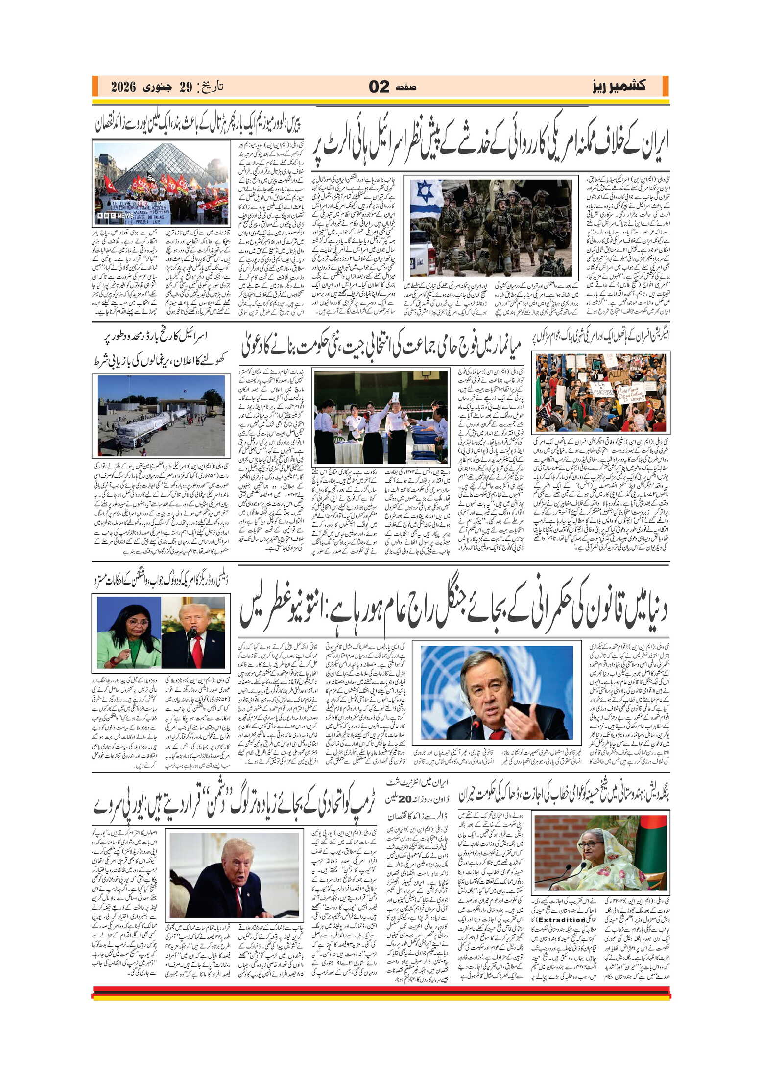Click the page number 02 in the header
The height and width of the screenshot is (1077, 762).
[x=379, y=87]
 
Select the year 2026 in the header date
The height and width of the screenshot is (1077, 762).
[x=122, y=87]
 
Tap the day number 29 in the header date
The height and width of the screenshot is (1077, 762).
[x=185, y=87]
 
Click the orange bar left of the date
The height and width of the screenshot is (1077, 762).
[x=95, y=87]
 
